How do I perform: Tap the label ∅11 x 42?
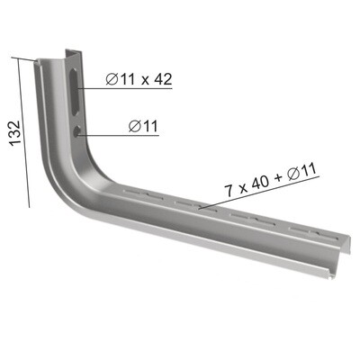click(138, 79)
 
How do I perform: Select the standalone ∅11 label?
click(144, 126)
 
